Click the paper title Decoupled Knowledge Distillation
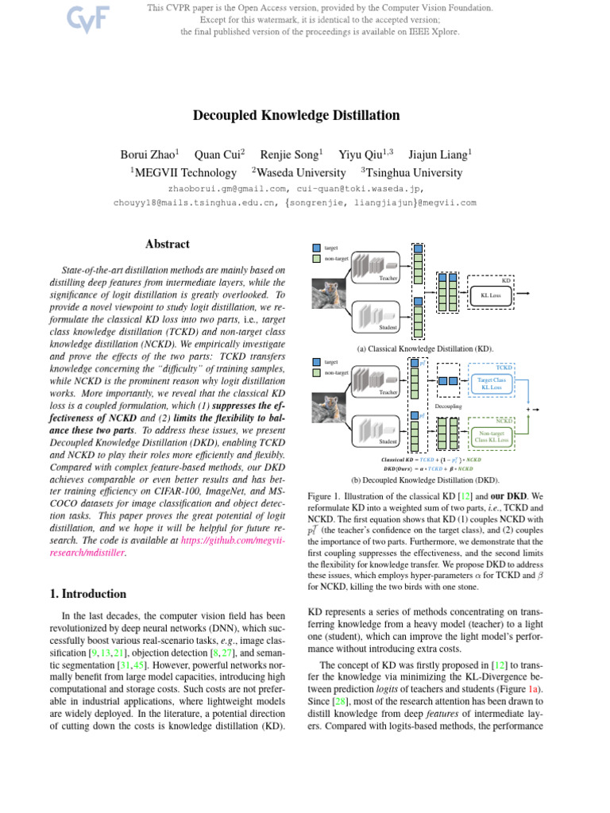296,116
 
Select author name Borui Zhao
148,154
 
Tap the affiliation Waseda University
302,172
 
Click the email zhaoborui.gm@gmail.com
219,189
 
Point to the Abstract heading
168,245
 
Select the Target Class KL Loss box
491,383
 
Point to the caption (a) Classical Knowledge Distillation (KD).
425,349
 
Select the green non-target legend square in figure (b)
317,372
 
